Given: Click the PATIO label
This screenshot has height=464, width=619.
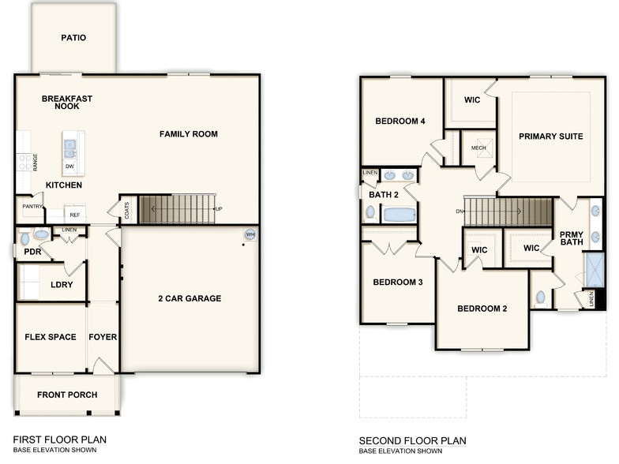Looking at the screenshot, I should [73, 37].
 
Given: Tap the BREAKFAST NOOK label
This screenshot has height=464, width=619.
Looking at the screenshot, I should [67, 103].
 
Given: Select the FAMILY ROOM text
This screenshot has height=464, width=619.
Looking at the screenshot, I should [189, 134].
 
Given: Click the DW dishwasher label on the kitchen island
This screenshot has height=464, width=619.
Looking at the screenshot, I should [70, 167].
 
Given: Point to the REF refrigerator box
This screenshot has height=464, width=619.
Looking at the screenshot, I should [75, 214].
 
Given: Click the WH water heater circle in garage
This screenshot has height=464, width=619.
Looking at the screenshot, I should [250, 234].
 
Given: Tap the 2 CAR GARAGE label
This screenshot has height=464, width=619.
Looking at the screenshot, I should [189, 298].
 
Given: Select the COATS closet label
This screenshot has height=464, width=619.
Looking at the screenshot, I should [127, 210].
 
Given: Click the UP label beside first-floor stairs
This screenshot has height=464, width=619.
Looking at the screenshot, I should [218, 209].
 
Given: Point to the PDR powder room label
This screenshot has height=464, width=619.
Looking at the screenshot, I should [32, 253].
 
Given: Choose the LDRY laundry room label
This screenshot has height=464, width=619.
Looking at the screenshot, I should [62, 286].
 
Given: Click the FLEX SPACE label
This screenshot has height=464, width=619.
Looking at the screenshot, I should [51, 337].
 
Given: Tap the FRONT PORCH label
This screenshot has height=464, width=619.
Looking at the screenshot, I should [66, 395].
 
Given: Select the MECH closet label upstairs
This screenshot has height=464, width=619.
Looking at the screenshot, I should [478, 148].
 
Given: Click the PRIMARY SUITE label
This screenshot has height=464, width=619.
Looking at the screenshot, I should [550, 137].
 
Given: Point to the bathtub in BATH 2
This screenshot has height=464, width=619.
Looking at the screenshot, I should [399, 214].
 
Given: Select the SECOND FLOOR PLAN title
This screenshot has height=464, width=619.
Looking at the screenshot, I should [412, 440].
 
